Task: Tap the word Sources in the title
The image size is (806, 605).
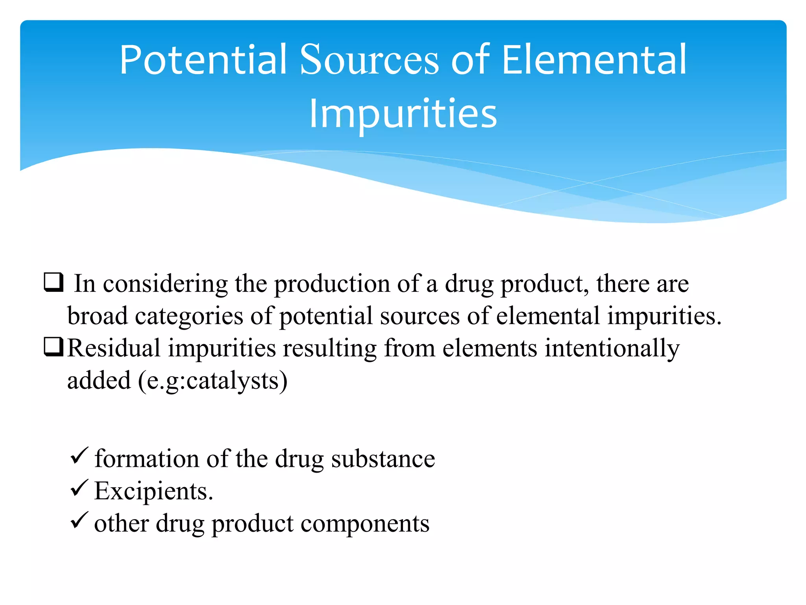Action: point(369,60)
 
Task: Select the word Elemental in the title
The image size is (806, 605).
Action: point(594,60)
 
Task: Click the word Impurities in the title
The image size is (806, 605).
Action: point(403,114)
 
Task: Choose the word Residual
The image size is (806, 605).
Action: point(114,348)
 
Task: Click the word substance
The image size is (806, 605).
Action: point(383,459)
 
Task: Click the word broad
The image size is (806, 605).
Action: point(98,316)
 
